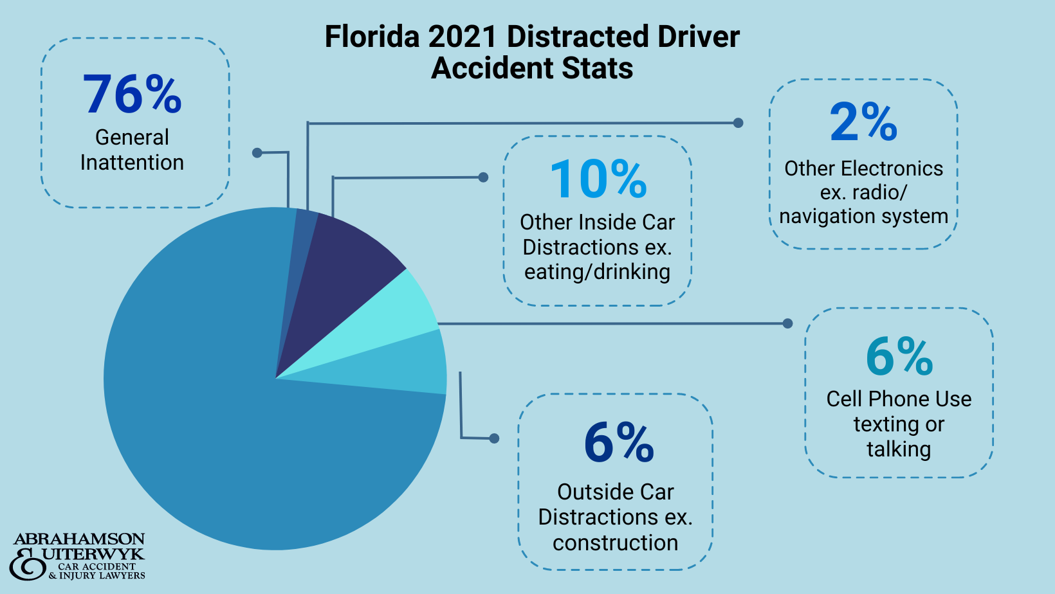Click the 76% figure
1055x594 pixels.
click(x=133, y=95)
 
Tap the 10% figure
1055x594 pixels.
click(x=598, y=179)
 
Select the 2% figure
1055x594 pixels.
click(x=863, y=122)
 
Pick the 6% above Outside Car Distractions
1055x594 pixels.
click(x=619, y=443)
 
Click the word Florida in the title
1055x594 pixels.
click(x=372, y=37)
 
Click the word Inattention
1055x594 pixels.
click(x=132, y=163)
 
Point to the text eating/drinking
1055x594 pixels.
click(x=597, y=272)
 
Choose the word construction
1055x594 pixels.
click(x=615, y=543)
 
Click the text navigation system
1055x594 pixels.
click(x=863, y=217)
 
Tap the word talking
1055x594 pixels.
click(x=899, y=449)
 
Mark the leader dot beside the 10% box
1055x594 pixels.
click(x=483, y=177)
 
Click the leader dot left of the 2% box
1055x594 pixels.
click(x=738, y=123)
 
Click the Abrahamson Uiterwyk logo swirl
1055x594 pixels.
click(x=28, y=564)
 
